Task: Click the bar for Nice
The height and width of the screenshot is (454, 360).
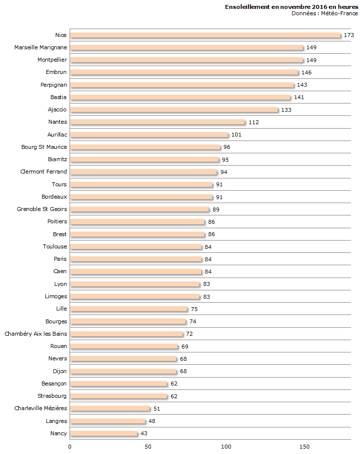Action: [205, 35]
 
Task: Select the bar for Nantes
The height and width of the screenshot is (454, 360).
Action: [157, 122]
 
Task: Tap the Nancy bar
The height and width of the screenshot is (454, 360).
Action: [104, 433]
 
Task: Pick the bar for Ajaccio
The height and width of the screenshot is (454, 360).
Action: [174, 109]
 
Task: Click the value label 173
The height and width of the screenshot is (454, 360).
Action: [349, 35]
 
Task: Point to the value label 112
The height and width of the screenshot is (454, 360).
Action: [253, 122]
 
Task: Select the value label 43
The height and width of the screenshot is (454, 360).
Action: [144, 433]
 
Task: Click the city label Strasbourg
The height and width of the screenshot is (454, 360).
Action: [52, 396]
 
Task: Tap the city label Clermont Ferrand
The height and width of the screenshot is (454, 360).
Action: [43, 172]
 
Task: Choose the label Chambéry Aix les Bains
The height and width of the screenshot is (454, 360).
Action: [36, 334]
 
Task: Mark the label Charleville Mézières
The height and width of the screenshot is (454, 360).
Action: [40, 408]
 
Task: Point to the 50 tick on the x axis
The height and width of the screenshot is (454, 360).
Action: [148, 447]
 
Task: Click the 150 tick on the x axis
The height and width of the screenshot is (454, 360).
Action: [305, 447]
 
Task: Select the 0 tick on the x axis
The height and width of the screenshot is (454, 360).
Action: [70, 447]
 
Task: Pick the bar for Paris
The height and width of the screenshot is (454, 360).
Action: [136, 259]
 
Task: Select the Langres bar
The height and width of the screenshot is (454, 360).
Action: [108, 421]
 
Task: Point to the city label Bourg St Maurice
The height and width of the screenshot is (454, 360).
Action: [44, 147]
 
